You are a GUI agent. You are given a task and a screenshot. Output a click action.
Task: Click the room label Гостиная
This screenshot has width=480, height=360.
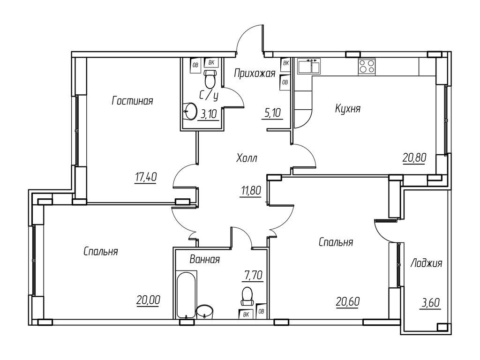click(133, 100)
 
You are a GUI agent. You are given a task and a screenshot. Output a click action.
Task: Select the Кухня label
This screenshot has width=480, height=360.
click(347, 109)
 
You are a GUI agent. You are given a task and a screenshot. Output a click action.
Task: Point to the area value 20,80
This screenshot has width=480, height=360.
click(414, 158)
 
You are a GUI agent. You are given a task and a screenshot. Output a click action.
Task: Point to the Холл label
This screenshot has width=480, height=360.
click(247, 158)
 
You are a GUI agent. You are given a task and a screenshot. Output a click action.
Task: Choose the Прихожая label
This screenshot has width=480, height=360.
click(254, 73)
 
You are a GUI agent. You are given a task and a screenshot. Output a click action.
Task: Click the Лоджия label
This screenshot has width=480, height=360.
click(426, 263)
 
